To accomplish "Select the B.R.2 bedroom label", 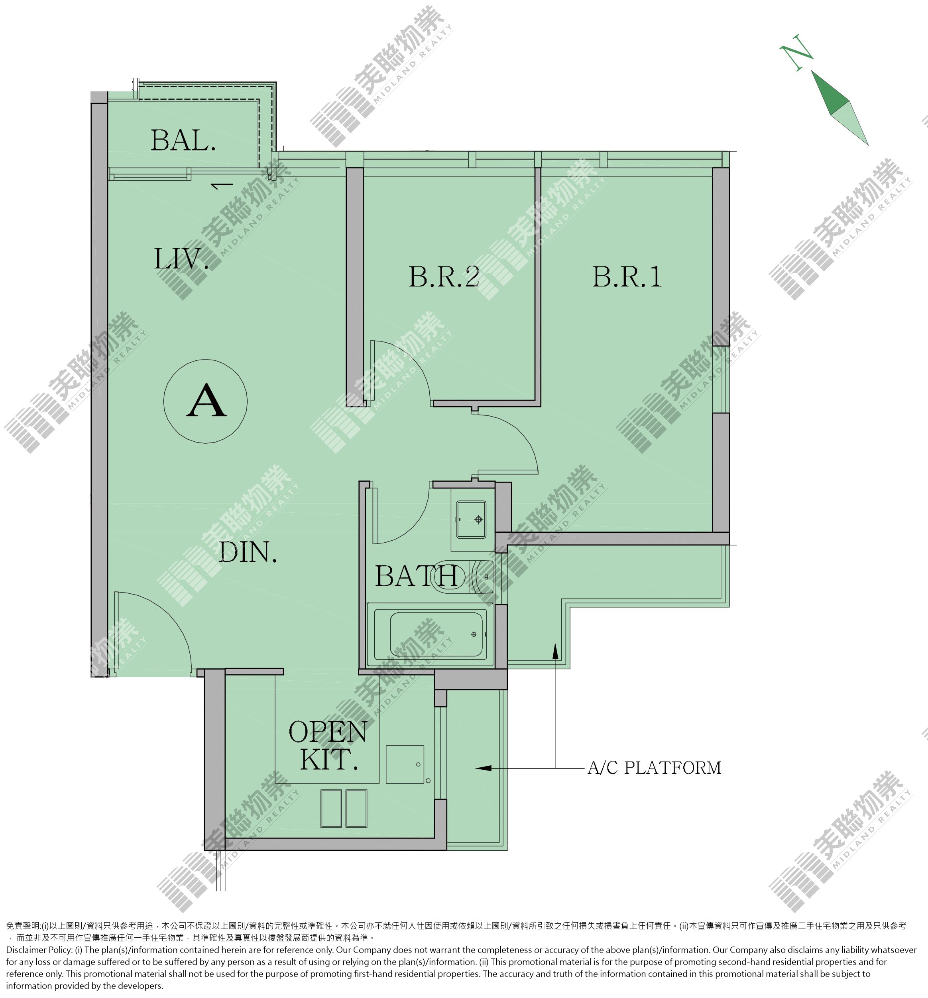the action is (444, 277).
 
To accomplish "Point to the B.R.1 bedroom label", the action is (627, 277).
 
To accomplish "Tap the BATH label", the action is (416, 576).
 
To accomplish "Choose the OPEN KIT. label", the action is (328, 745).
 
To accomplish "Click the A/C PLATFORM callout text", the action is (654, 768).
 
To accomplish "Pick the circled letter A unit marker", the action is (206, 401).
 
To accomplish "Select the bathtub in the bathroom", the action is (431, 634).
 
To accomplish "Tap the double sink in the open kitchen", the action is (344, 808).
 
